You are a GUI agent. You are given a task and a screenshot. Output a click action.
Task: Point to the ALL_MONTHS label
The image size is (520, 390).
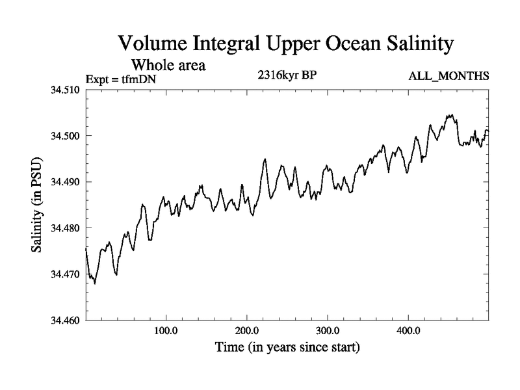(x=448, y=77)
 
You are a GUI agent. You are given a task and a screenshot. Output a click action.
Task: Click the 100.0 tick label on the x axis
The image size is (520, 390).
(x=166, y=331)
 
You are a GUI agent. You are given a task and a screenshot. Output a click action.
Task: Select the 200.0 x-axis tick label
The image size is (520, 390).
(x=247, y=331)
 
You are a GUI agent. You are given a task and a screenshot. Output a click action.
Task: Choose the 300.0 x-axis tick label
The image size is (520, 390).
(x=328, y=331)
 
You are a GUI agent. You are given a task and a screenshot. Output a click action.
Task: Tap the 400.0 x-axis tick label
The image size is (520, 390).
(x=408, y=331)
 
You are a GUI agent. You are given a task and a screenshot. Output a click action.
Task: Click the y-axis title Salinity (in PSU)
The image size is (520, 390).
(x=37, y=205)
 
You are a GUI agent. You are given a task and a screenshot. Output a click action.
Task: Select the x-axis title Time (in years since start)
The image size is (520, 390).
(x=287, y=348)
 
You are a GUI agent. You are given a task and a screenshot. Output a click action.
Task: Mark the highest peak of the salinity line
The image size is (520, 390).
(x=449, y=115)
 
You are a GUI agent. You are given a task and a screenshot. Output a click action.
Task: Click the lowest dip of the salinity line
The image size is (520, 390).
(x=95, y=283)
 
